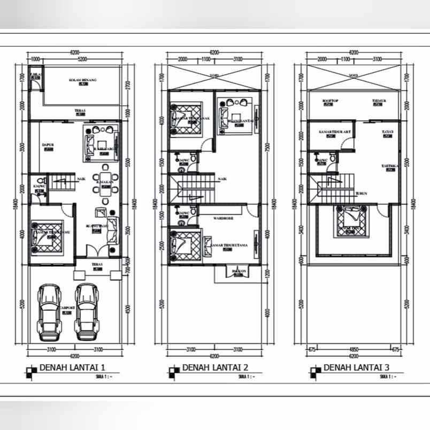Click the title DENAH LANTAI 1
pyautogui.click(x=72, y=368)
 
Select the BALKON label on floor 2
pyautogui.click(x=239, y=271)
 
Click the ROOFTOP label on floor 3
pyautogui.click(x=330, y=101)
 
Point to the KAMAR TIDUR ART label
pyautogui.click(x=334, y=131)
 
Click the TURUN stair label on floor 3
pyautogui.click(x=361, y=193)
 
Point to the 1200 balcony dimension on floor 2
pyautogui.click(x=266, y=273)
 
